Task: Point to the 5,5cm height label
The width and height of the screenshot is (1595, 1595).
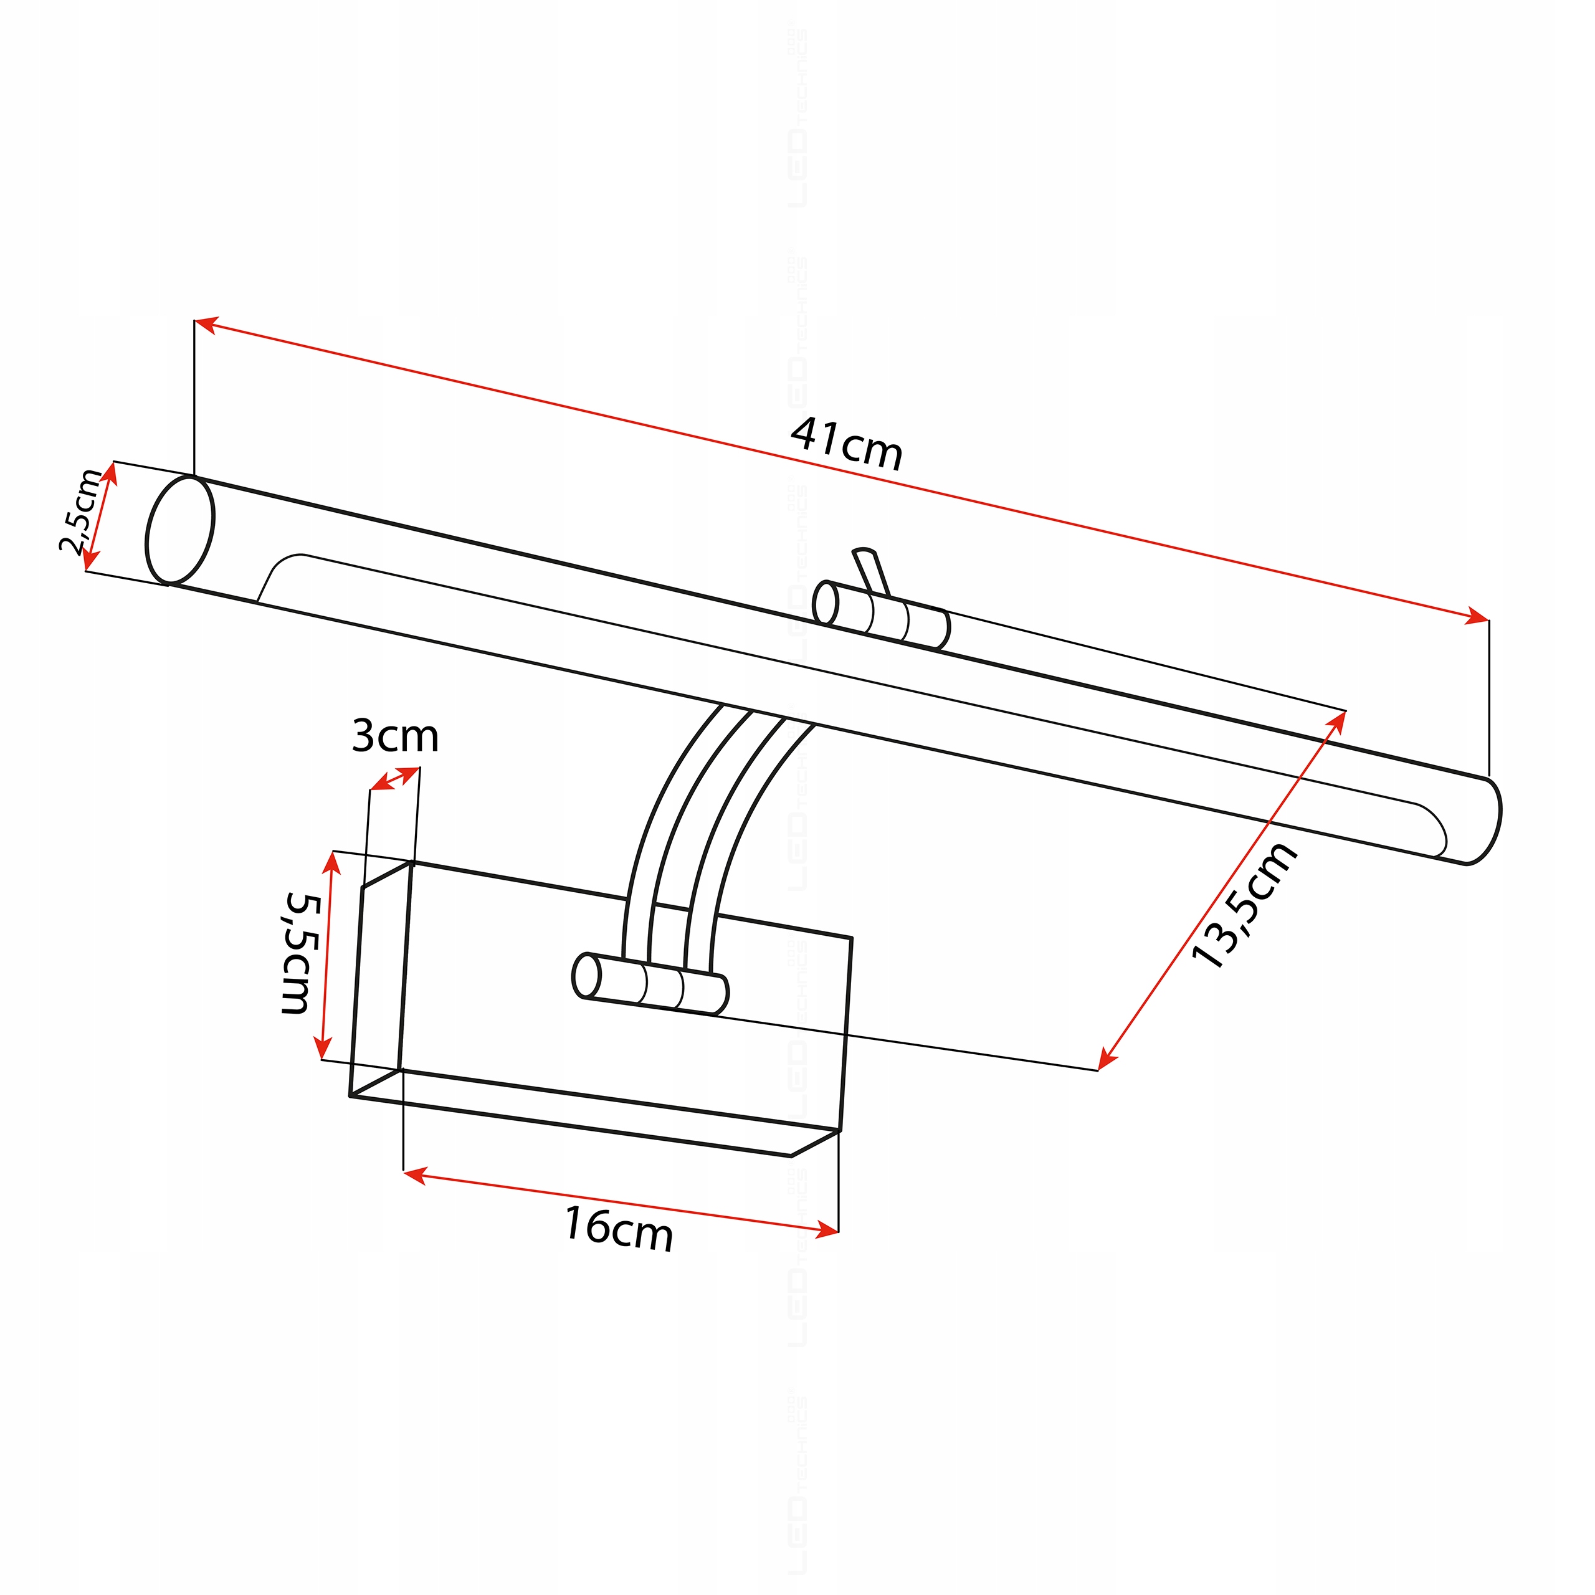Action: (x=295, y=953)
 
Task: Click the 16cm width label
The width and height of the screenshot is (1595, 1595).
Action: (x=618, y=1229)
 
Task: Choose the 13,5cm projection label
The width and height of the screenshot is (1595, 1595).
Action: (x=1244, y=906)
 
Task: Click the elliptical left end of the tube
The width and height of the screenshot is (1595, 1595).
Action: (x=179, y=531)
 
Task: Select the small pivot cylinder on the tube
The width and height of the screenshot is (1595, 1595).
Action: (x=881, y=615)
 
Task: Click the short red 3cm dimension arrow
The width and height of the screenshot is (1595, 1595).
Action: (x=394, y=779)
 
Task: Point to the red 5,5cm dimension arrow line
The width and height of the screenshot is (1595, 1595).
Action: (x=326, y=955)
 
